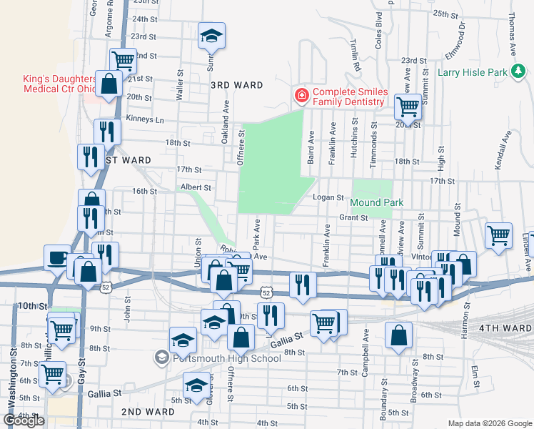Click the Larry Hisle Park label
point(471,71)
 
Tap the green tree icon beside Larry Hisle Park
point(519,71)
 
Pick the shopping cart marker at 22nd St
point(123,60)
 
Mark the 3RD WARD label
point(236,85)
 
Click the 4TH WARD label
point(506,327)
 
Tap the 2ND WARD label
point(148,412)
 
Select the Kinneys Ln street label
point(145,118)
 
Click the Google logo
point(24,420)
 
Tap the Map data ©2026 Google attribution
point(489,423)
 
